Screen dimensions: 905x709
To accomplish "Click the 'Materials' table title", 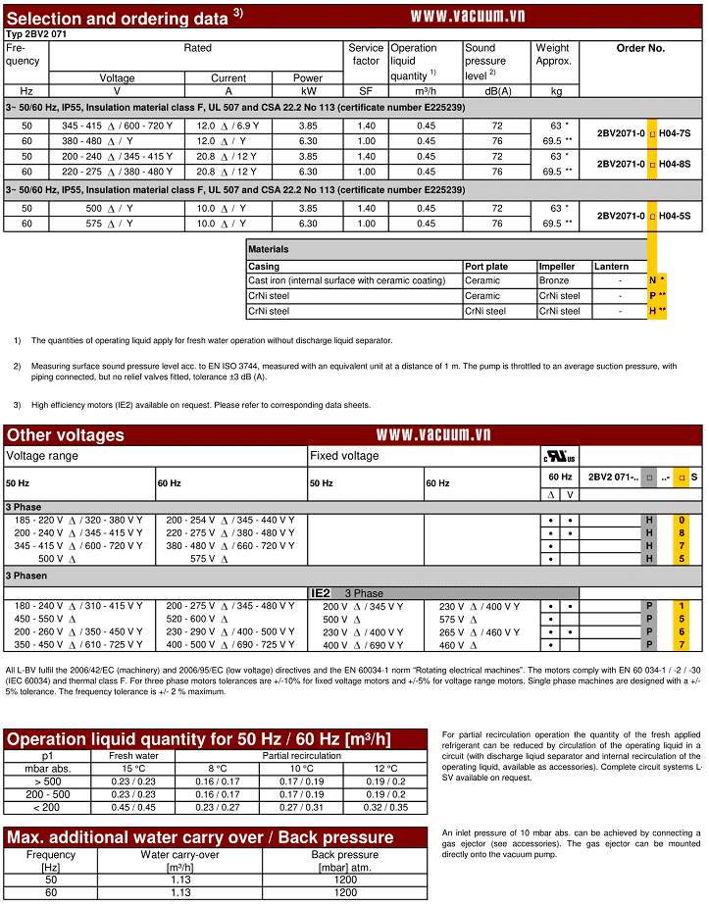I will tap(269, 250).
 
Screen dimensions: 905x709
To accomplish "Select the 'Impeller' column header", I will tap(556, 267).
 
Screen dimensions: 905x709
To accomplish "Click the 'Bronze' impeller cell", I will tap(553, 281).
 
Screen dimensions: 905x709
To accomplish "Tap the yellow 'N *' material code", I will tap(656, 281).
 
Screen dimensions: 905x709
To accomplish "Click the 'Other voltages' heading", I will tap(66, 435).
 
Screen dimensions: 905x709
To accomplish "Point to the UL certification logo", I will tap(560, 457).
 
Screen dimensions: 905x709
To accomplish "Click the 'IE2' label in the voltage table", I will tap(321, 593).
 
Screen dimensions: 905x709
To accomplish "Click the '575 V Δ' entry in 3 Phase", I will tap(209, 558).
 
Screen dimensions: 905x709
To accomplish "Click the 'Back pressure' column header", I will tap(344, 855).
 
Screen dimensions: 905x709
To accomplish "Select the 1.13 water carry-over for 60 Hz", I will tap(179, 893).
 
